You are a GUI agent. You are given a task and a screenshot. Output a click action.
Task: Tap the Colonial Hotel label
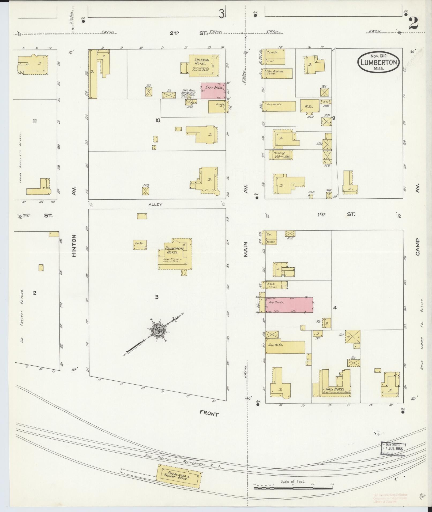click(x=202, y=62)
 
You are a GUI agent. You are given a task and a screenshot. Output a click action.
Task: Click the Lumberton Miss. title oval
click(x=378, y=62)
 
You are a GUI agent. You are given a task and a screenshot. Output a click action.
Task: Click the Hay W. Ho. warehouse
click(x=285, y=347)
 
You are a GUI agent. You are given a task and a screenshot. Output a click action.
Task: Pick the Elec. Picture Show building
click(x=278, y=73)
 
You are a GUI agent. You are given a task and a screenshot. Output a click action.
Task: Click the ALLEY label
click(x=155, y=204)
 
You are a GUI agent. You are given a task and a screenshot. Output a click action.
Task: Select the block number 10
click(x=157, y=120)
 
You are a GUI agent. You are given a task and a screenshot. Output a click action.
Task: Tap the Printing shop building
click(x=279, y=155)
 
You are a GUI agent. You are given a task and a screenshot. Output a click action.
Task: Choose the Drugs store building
click(x=217, y=107)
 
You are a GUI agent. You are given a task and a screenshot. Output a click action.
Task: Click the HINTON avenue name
click(x=74, y=245)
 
